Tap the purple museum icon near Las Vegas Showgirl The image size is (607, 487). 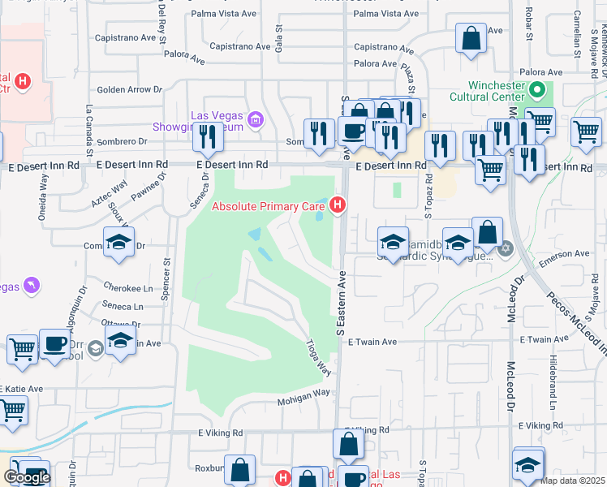pyautogui.click(x=256, y=121)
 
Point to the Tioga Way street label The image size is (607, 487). pyautogui.click(x=321, y=358)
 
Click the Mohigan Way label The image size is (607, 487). pyautogui.click(x=304, y=393)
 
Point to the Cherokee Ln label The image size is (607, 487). pyautogui.click(x=128, y=288)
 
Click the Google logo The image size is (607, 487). pyautogui.click(x=27, y=477)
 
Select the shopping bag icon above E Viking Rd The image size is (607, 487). pyautogui.click(x=348, y=444)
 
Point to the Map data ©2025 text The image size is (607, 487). pyautogui.click(x=573, y=480)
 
